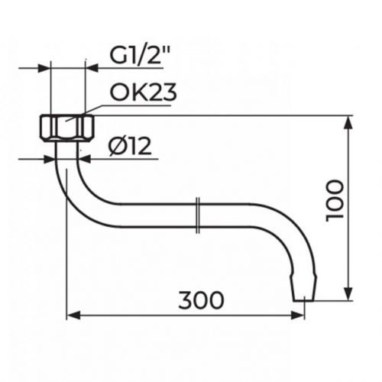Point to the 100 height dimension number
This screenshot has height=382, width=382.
pos(335,201)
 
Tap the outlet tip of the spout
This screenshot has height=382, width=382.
pos(305,295)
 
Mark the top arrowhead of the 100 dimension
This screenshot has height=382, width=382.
pos(350,121)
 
